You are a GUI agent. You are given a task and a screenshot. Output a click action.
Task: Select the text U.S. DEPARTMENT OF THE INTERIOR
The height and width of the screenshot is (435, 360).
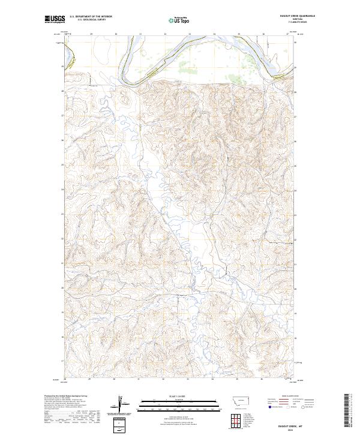pos(91,17)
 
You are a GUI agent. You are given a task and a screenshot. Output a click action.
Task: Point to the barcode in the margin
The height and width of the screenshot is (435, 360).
pos(347,411)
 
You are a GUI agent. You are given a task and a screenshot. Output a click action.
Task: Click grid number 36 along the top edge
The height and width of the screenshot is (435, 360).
pos(263,34)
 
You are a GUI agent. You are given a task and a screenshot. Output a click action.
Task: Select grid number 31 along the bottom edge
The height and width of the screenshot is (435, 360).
pos(139,379)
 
